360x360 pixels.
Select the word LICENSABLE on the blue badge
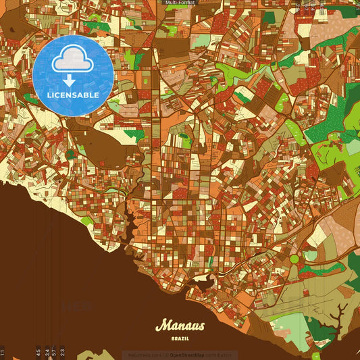pos(73,95)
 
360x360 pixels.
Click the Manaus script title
pos(180,326)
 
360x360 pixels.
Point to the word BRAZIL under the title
pos(180,337)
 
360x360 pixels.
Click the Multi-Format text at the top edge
pos(180,3)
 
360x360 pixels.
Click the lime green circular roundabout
pos(294,259)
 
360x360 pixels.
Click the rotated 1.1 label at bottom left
pos(3,352)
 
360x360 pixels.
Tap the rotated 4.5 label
pos(38,352)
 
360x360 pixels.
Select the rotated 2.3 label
pos(62,352)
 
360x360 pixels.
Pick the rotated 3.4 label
pos(47,352)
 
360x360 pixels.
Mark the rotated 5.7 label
pos(53,352)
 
